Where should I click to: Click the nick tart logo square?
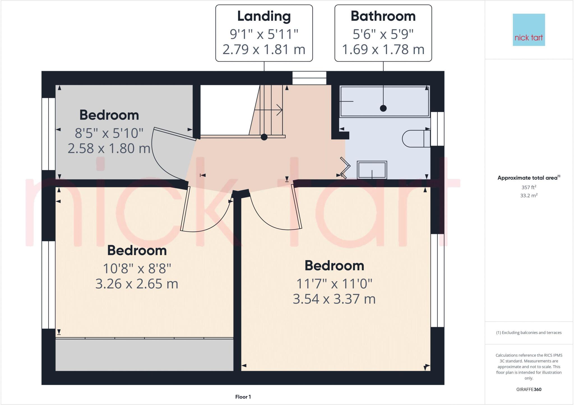(x=529, y=30)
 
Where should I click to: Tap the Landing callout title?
(x=264, y=16)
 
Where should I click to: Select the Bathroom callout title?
(x=383, y=16)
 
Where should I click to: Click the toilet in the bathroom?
(x=416, y=139)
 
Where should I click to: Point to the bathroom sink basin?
(x=372, y=170)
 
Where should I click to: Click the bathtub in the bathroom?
(x=384, y=101)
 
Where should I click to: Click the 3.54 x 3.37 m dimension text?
(x=334, y=299)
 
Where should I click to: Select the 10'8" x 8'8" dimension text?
(x=137, y=269)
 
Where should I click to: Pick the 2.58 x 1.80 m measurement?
(x=109, y=148)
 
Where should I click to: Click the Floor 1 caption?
(x=243, y=397)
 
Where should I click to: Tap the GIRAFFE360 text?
(x=529, y=389)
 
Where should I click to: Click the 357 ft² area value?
(x=529, y=187)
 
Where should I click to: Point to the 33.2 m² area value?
(x=529, y=195)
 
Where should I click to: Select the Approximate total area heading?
(x=529, y=178)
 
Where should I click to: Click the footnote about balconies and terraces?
(x=529, y=333)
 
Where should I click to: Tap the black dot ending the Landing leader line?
(x=264, y=137)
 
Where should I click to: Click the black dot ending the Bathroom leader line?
(x=383, y=108)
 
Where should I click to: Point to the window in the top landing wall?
(x=309, y=78)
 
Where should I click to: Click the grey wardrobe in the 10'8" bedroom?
(x=144, y=355)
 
